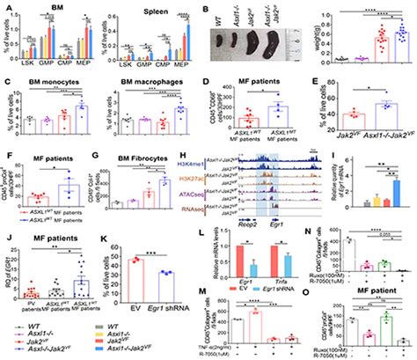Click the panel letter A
pos(6,7)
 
